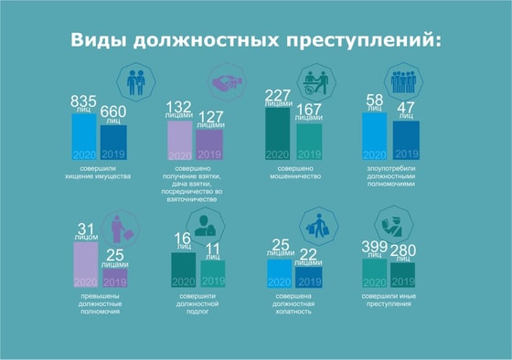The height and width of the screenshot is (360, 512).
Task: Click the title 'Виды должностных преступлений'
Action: [x=255, y=40]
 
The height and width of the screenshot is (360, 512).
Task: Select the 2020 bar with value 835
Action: [x=84, y=137]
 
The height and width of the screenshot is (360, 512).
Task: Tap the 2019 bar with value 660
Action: [x=113, y=142]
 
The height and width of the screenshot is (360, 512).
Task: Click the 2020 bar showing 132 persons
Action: [x=179, y=141]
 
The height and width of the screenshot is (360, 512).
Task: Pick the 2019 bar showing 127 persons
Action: [x=209, y=146]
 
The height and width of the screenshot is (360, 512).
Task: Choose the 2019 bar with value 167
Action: [x=309, y=142]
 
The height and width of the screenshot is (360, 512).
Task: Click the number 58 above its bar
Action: [x=375, y=100]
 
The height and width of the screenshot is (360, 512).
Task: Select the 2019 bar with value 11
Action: [x=213, y=273]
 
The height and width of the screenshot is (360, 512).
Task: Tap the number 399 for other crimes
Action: [x=375, y=248]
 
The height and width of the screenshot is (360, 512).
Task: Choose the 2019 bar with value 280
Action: [x=402, y=275]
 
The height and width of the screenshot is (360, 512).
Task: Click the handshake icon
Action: [x=227, y=81]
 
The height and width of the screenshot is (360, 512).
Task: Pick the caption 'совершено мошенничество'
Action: [x=295, y=174]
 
